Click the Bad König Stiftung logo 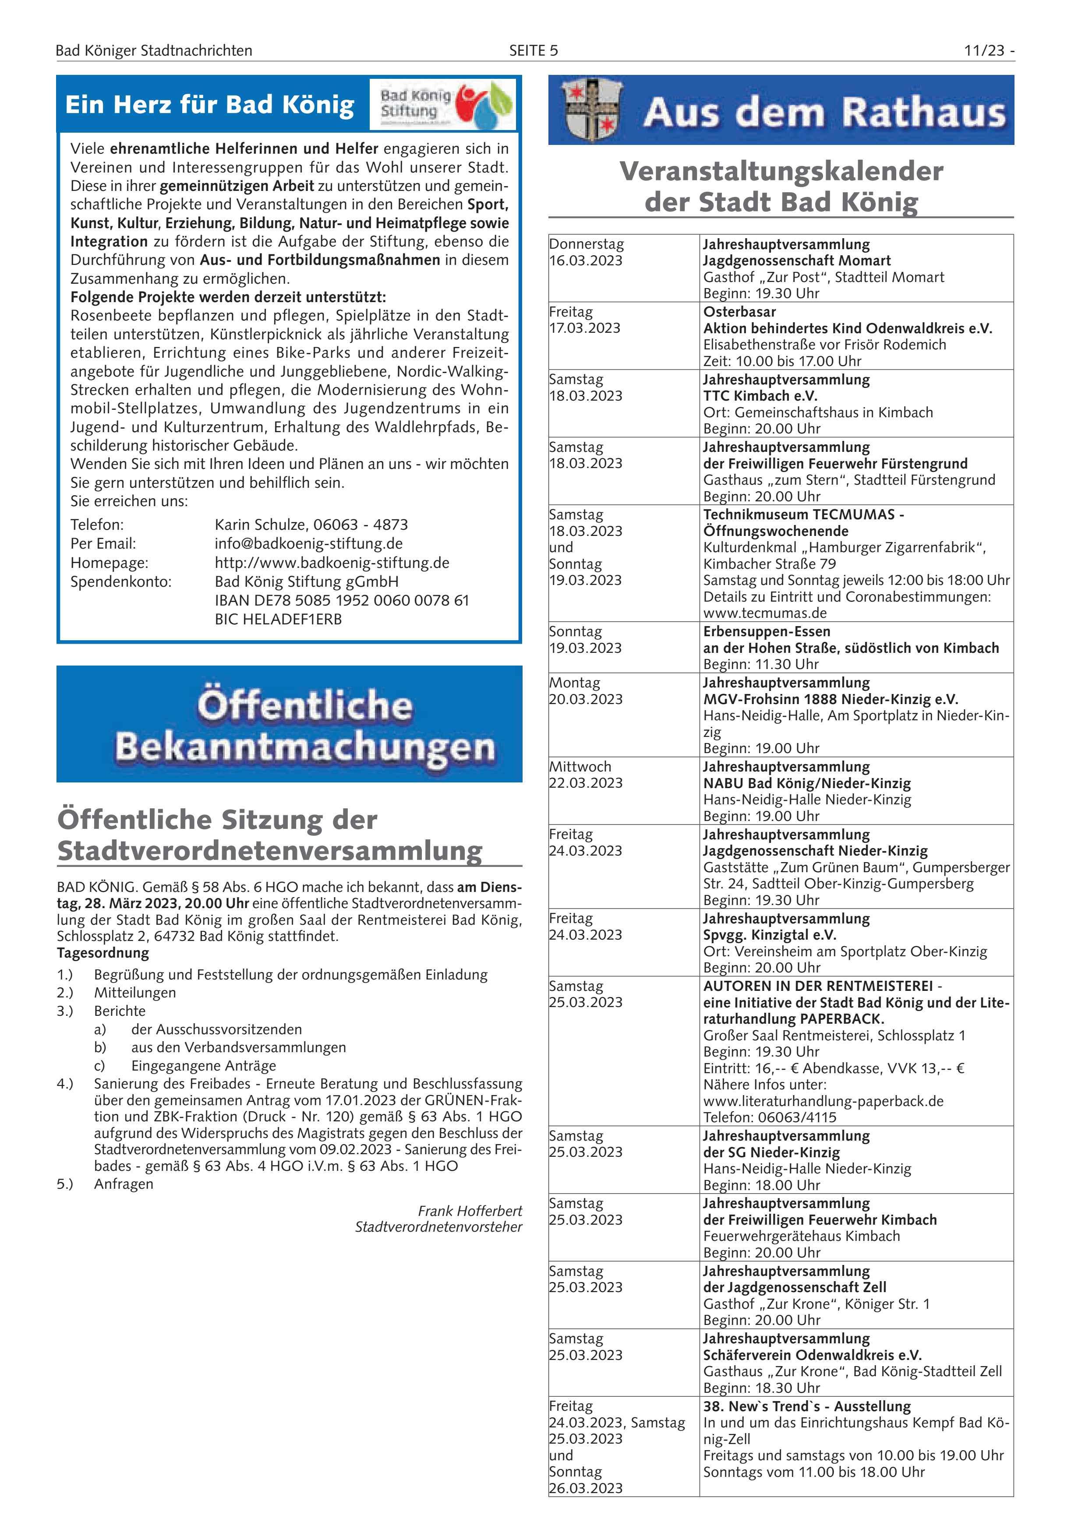(x=442, y=104)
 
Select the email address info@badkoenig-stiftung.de (x=308, y=543)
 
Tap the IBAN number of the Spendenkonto (x=341, y=600)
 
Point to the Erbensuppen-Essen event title (x=766, y=631)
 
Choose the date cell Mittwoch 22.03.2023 (x=586, y=775)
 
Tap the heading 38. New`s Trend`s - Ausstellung (x=806, y=1406)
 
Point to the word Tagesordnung (x=103, y=953)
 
